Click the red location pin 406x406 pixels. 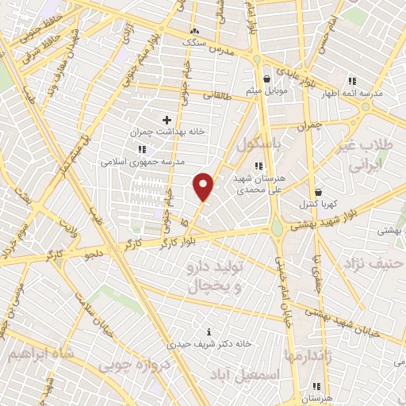(204, 186)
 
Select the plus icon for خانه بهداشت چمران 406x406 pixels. (167, 120)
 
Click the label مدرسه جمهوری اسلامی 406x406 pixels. (142, 161)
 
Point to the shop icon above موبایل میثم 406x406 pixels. (266, 79)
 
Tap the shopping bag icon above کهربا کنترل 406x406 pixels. (318, 192)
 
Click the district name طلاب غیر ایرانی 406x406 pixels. (366, 155)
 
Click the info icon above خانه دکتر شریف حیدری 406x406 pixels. (209, 331)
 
